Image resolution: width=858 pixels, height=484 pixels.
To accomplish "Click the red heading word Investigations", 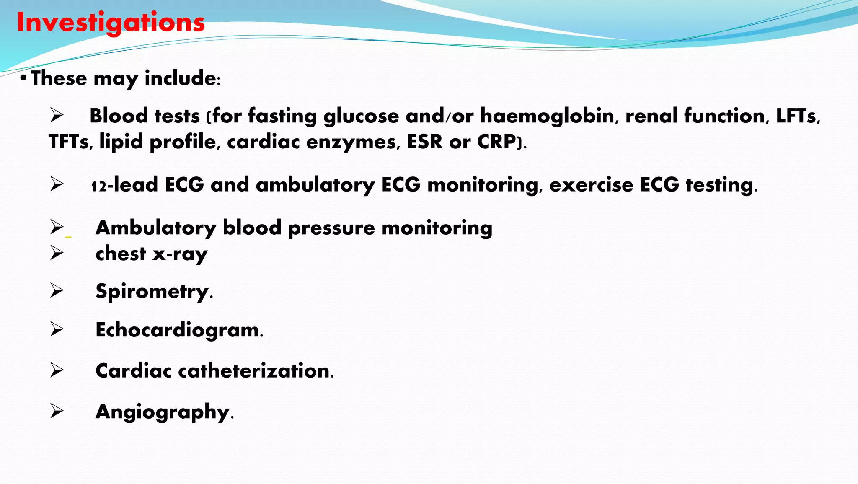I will tap(111, 23).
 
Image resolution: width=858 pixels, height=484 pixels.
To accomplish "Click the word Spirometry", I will tap(152, 291).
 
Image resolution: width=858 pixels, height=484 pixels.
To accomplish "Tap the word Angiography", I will tap(163, 412).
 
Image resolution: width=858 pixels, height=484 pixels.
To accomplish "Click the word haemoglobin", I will tap(547, 116).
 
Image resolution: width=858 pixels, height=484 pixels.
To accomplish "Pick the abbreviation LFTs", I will tap(796, 116).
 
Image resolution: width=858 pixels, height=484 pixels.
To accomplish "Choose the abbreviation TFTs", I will tap(68, 142).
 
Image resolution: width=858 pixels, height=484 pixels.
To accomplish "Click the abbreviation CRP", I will tap(496, 142).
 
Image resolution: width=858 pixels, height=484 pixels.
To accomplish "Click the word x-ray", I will tap(180, 254).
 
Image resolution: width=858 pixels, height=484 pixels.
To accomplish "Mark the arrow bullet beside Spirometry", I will tap(57, 290).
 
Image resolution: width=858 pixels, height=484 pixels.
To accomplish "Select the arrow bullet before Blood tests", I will tap(57, 115).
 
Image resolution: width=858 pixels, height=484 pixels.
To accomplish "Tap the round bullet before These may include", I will tap(23, 78).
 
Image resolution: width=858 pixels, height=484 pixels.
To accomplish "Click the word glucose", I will tap(361, 116).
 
